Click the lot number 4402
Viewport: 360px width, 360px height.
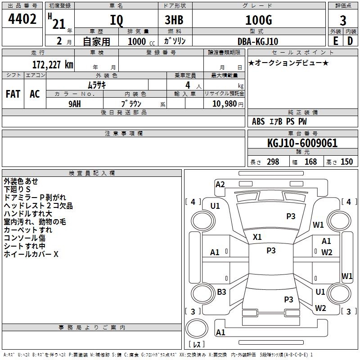pos(22,19)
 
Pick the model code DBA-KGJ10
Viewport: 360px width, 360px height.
pos(257,41)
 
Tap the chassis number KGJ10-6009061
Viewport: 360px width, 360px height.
pos(302,144)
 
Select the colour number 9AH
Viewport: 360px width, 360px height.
pos(75,103)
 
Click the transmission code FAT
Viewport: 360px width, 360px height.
pos(13,94)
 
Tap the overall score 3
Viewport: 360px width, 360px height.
pos(343,20)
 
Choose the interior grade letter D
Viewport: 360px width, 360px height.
pos(350,41)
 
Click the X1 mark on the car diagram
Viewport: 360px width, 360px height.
pos(257,237)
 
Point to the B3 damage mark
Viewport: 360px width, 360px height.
pos(221,292)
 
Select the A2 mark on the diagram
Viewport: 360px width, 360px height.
pos(220,184)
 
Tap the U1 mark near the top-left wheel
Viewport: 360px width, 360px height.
pos(215,206)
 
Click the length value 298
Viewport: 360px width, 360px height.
pos(273,162)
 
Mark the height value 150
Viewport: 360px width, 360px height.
pos(346,162)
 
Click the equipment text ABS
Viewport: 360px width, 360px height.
pos(258,121)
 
